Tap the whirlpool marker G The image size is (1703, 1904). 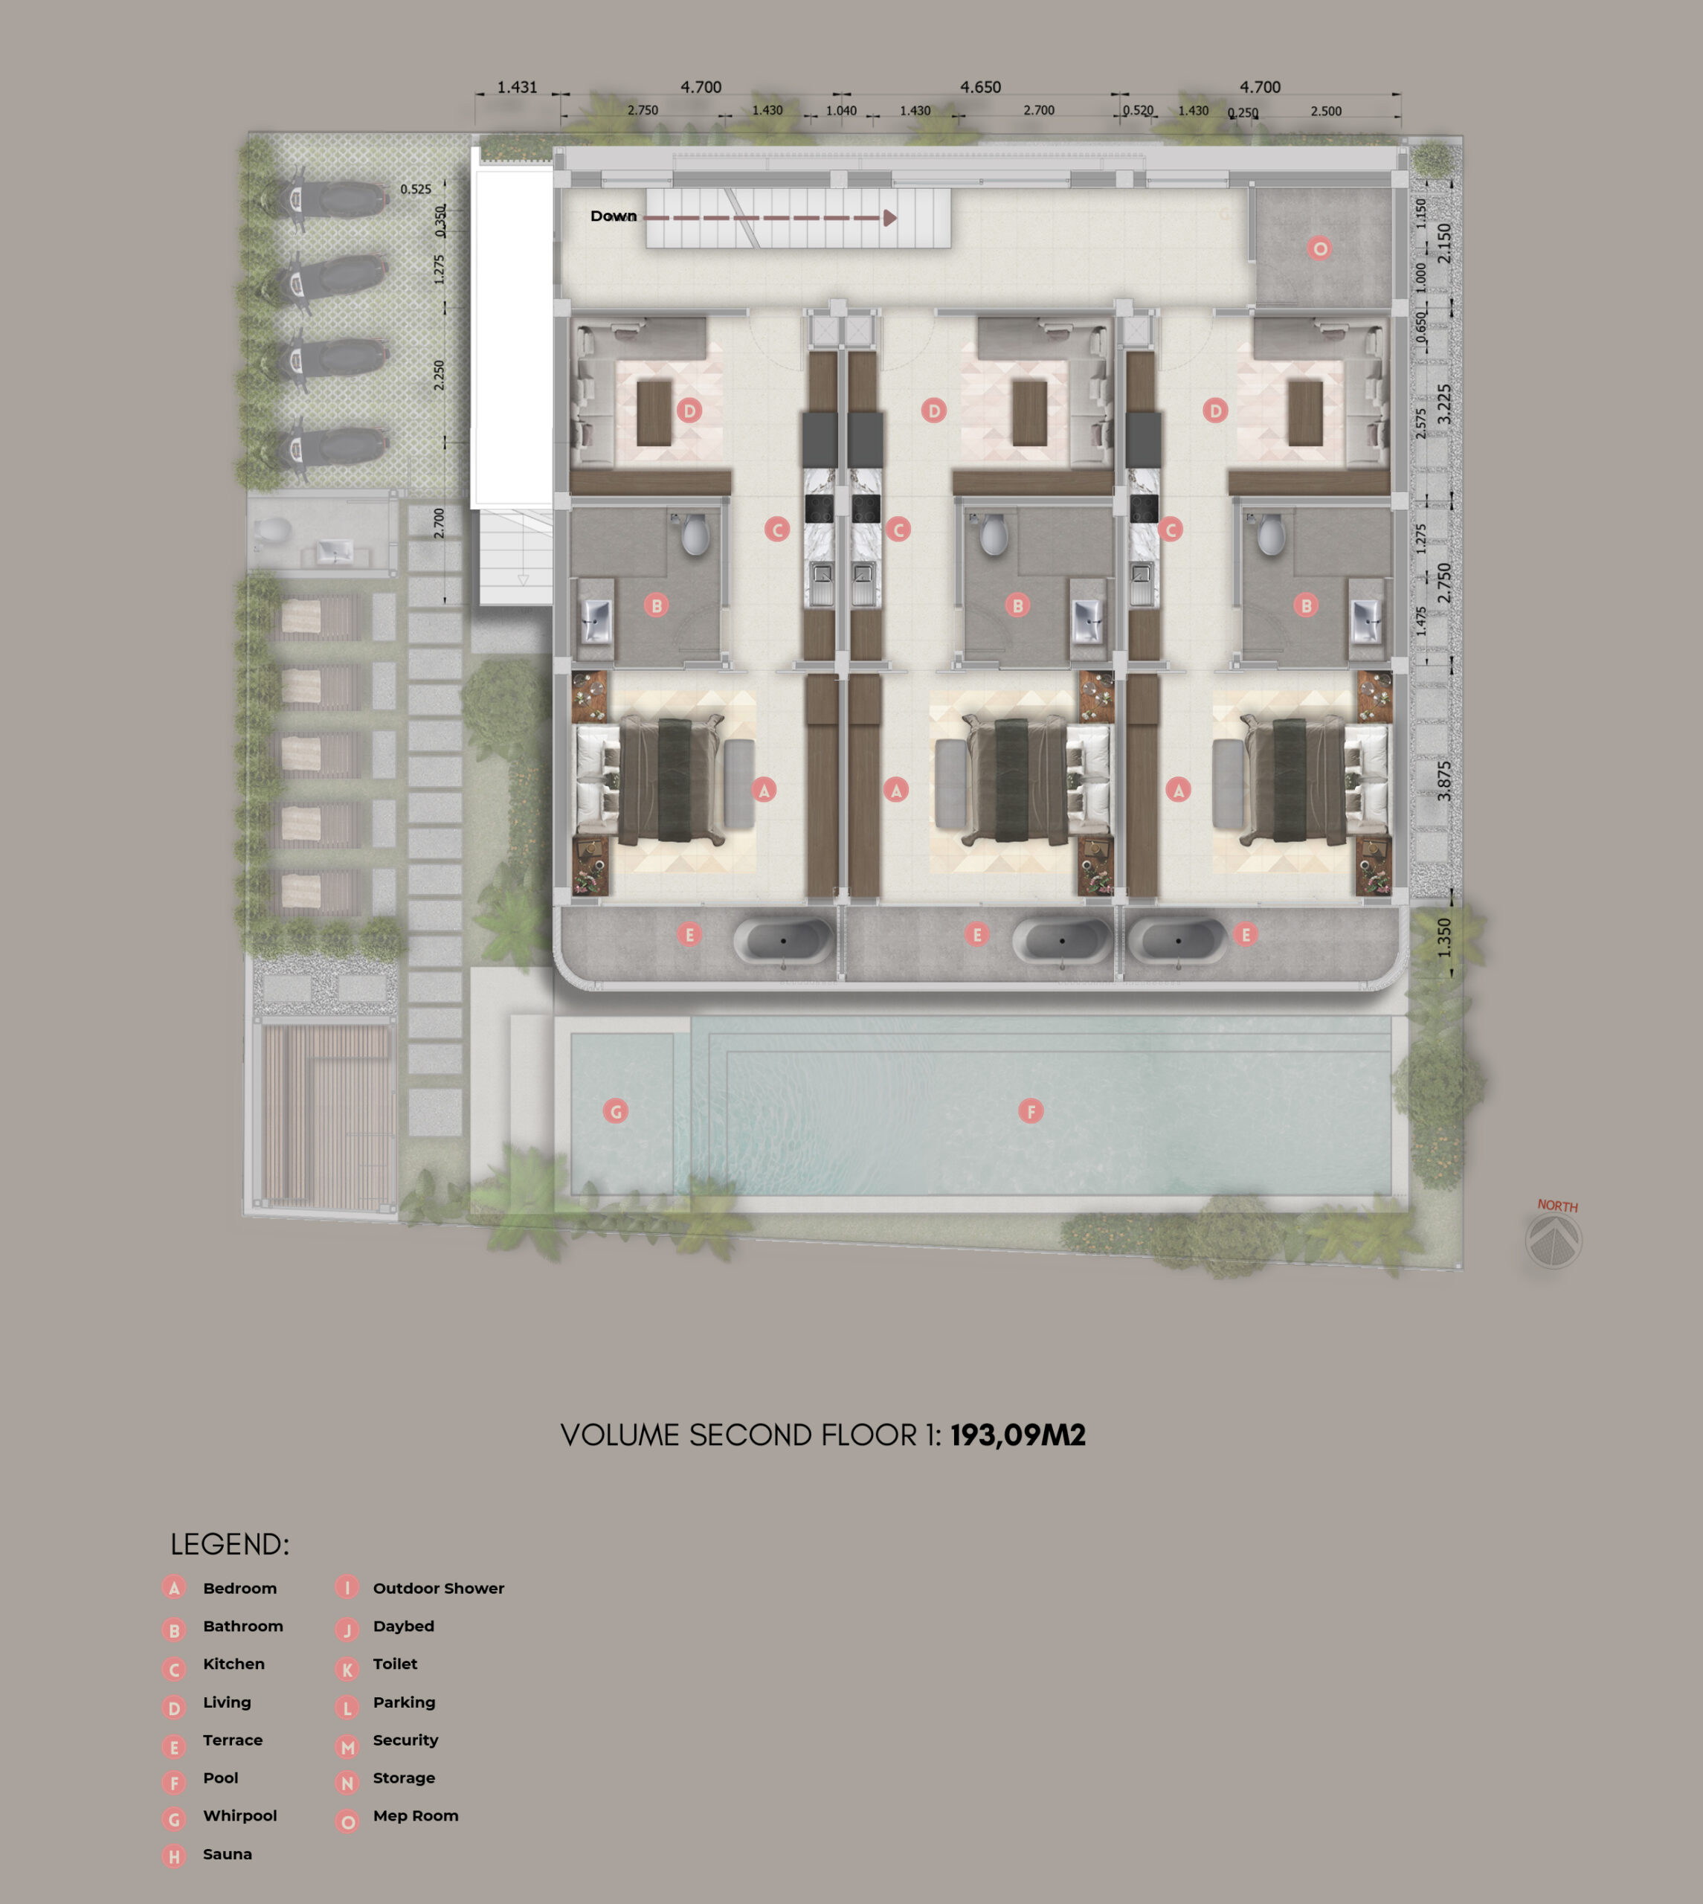[x=616, y=1111]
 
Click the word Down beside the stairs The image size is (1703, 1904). [x=613, y=216]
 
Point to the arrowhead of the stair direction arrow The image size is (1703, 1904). [x=890, y=218]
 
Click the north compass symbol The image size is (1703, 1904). [x=1554, y=1241]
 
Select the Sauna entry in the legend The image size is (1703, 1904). [x=228, y=1853]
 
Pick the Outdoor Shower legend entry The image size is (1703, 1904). [x=438, y=1588]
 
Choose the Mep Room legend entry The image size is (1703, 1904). [x=416, y=1815]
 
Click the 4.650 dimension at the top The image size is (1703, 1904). [x=979, y=87]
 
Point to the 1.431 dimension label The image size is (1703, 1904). [x=517, y=87]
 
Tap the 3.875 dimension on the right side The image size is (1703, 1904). [x=1443, y=780]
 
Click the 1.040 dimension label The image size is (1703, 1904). [x=841, y=110]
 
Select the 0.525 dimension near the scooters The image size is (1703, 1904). [x=416, y=189]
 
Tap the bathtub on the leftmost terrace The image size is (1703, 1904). [x=783, y=939]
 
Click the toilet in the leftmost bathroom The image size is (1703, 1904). [x=695, y=534]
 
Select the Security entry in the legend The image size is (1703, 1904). [x=405, y=1740]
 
